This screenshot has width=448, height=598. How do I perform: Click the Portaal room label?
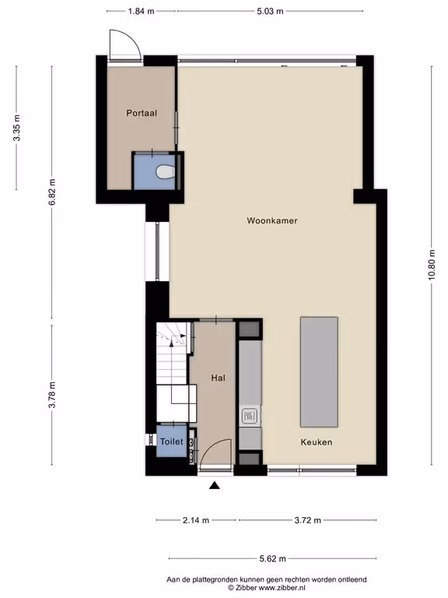pos(142,113)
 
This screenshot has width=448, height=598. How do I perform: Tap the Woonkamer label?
pos(272,220)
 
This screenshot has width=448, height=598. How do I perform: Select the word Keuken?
pos(317,442)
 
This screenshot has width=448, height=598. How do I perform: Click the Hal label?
pos(219,378)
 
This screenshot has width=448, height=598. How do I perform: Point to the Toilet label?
pos(171,441)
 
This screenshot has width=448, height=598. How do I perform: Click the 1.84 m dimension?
pos(141,11)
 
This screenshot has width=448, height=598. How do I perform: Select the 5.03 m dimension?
pos(270,11)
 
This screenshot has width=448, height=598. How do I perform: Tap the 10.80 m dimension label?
pos(431,265)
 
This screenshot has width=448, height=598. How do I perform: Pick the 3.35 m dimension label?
pos(16,128)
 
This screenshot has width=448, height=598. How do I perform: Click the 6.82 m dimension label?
pos(52,192)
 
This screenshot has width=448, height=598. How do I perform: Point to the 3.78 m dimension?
pos(52,395)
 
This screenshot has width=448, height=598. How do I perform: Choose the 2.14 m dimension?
pos(196,520)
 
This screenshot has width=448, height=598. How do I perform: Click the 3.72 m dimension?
pos(308,520)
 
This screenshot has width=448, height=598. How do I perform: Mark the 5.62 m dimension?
pos(272,559)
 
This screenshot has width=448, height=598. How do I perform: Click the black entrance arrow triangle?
pos(215,485)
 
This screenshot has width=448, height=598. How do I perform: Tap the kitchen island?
pos(319,372)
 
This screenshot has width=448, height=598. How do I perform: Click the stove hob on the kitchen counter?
pos(250,416)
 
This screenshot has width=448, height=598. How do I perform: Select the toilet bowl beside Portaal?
pos(166,171)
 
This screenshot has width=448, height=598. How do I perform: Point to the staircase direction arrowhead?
pos(171,343)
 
